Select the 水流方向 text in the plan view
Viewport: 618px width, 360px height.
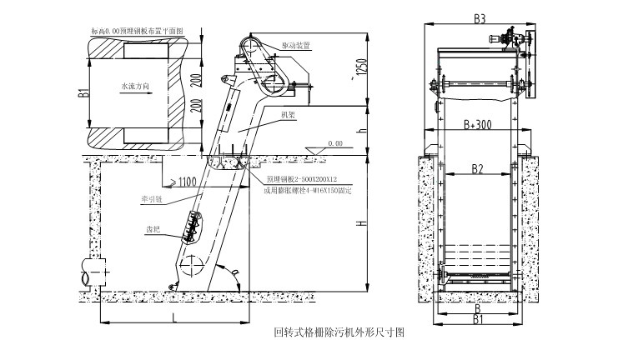(134, 86)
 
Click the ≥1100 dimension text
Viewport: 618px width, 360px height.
(185, 181)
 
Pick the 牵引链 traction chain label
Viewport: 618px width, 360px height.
(152, 200)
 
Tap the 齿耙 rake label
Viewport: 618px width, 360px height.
(153, 227)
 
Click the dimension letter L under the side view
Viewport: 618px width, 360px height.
(173, 317)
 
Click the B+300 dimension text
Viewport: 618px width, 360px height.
(478, 125)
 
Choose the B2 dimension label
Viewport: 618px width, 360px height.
(477, 169)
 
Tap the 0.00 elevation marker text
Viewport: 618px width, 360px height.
(335, 142)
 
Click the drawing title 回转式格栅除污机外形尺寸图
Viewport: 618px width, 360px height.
(339, 332)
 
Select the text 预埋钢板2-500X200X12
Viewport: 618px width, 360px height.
(302, 179)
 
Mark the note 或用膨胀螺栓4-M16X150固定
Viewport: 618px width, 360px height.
(308, 192)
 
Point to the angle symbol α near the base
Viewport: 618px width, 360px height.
(237, 272)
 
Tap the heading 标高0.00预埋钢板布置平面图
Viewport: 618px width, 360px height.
(138, 30)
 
